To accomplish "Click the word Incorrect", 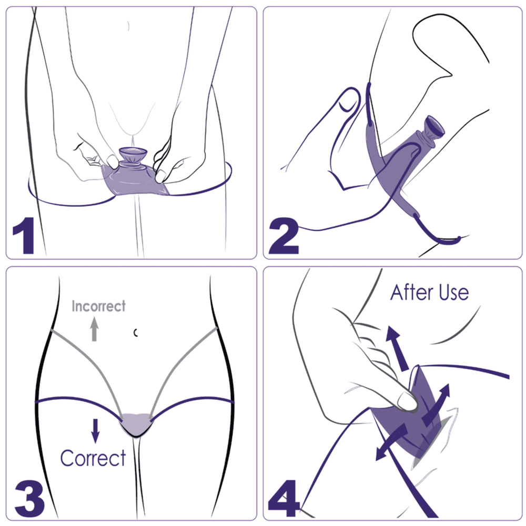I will [x=98, y=306].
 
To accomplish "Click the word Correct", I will [x=93, y=458].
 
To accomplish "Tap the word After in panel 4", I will [x=412, y=292].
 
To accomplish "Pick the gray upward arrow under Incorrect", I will [x=95, y=329].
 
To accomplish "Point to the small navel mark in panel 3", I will [x=135, y=332].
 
